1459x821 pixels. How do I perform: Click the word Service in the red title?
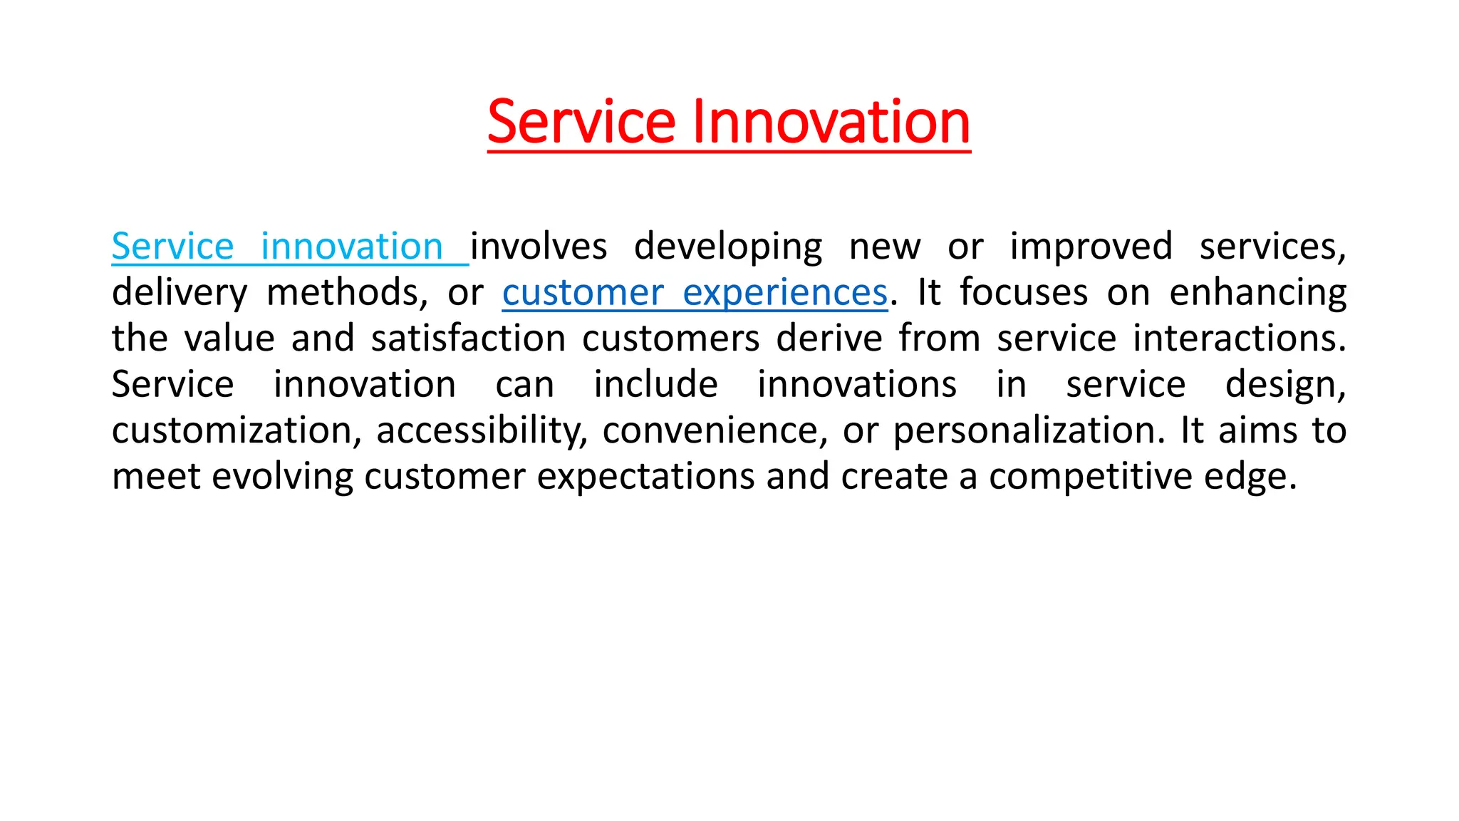tap(581, 122)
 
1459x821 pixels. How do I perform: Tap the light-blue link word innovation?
tap(352, 247)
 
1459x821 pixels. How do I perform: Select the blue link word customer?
tap(583, 293)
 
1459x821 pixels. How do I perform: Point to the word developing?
tap(728, 247)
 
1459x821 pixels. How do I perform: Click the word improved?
tap(1091, 247)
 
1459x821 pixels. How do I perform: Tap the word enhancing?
tap(1257, 293)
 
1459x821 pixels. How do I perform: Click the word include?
tap(655, 385)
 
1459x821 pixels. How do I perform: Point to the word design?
tap(1284, 385)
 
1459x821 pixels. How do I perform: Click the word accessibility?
tap(482, 430)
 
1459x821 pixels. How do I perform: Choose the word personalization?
tap(1029, 430)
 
